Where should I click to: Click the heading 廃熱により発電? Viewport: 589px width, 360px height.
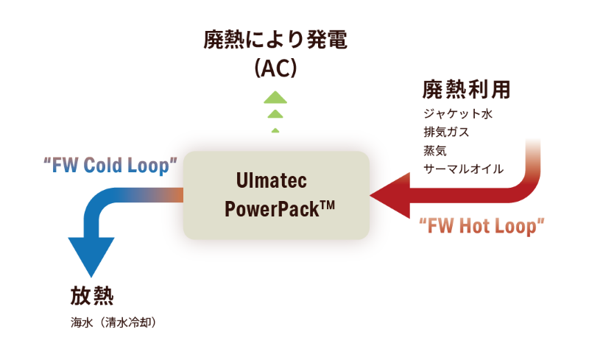pos(275,40)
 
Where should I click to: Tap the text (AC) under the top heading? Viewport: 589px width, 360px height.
pos(275,68)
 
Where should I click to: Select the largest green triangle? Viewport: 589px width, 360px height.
pos(275,97)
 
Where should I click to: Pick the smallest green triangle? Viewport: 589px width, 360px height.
pos(275,130)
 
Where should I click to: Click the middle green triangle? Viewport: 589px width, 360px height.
pos(275,113)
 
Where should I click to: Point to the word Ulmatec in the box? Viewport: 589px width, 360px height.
pos(272,180)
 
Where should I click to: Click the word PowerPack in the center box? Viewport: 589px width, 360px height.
pos(272,209)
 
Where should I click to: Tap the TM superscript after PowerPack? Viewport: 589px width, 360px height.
pos(327,205)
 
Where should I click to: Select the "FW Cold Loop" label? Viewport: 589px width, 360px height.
pos(110,166)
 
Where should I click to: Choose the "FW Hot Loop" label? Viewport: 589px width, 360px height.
pos(482,226)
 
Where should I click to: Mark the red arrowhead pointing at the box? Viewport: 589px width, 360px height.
pos(390,195)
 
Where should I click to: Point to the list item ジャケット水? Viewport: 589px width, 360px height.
pos(458,113)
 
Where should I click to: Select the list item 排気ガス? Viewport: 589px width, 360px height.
pos(447,132)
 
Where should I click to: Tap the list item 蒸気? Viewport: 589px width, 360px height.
pos(435,150)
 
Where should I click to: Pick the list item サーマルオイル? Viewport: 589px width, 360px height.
pos(464,169)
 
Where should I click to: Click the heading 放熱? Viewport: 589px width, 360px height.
pos(92,295)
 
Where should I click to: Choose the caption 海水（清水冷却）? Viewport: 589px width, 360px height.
pos(113,322)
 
